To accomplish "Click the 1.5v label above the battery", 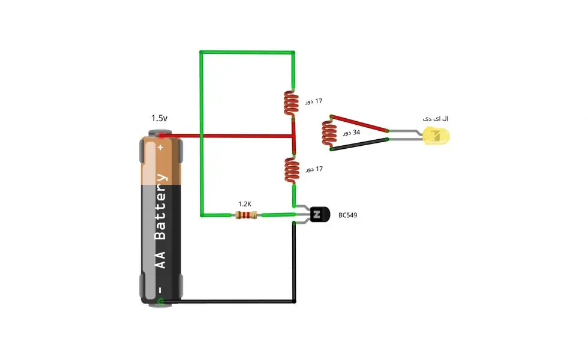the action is click(159, 118).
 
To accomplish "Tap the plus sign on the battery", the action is click(161, 148).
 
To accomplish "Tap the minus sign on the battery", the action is click(160, 290).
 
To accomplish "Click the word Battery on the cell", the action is click(161, 206).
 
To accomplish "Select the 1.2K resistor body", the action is click(246, 215).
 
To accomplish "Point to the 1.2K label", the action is click(245, 204).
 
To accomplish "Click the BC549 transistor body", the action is click(320, 215).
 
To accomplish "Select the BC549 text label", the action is click(347, 215).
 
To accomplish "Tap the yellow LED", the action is click(436, 136).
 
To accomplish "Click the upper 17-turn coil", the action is click(291, 103).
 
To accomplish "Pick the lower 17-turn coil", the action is click(292, 170).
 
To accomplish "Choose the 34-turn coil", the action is click(329, 133).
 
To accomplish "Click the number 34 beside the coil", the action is click(356, 132).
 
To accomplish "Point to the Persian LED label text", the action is click(436, 119).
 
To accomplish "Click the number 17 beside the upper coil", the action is click(319, 101).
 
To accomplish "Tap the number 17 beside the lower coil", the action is click(319, 169).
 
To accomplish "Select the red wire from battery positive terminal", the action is click(227, 136).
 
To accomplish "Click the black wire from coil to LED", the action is click(359, 144).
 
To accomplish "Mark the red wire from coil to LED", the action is click(359, 124).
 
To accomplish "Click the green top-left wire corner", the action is click(202, 52).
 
